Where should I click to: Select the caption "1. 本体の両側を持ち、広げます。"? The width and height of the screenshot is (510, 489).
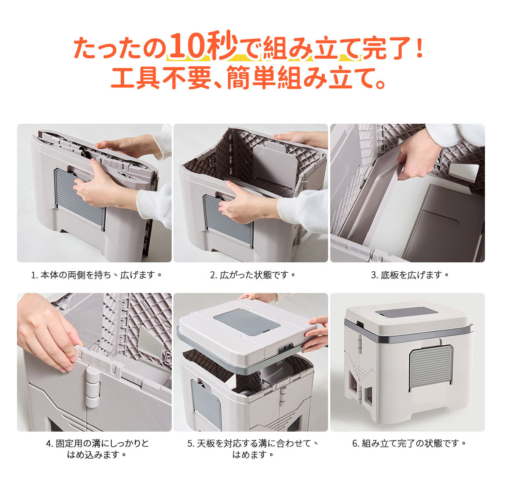coord(96,275)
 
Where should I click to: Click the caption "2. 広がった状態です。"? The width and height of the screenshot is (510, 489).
coord(252,275)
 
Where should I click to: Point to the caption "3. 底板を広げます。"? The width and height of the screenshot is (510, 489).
coord(410,275)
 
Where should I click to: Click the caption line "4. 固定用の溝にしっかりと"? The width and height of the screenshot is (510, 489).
coord(97,443)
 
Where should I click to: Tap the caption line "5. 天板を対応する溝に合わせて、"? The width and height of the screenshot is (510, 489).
coord(252,443)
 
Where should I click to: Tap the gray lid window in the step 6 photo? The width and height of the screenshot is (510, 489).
coord(406,312)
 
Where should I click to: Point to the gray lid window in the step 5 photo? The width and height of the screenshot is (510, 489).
coord(246,321)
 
